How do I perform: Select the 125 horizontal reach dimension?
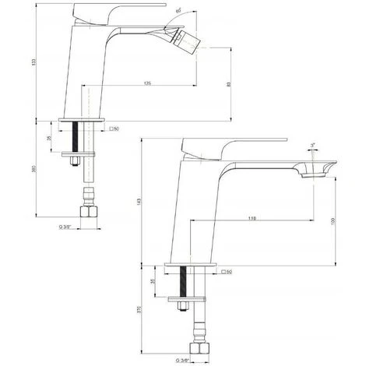point(147,83)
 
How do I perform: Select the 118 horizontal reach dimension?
point(254,218)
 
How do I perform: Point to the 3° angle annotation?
point(312,146)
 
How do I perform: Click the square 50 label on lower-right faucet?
point(228,272)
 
